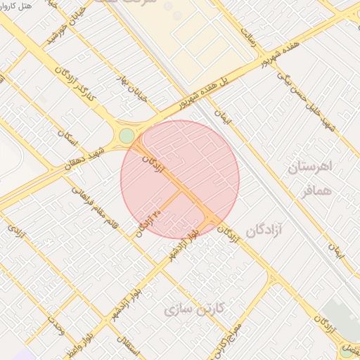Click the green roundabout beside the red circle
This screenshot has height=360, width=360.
127,136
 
